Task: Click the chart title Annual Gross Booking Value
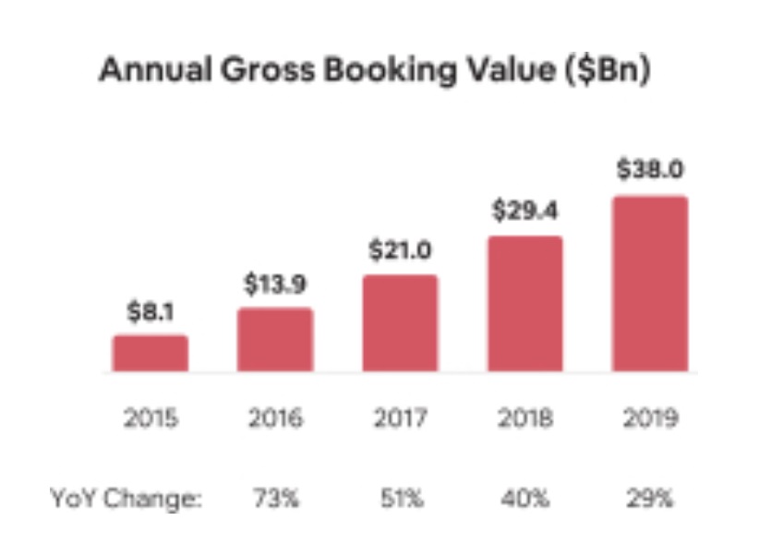[x=375, y=71]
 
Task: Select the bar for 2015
[x=151, y=354]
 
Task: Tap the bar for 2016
[x=275, y=340]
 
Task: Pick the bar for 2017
[x=400, y=323]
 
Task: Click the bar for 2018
[x=524, y=304]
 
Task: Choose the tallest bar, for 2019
[x=650, y=284]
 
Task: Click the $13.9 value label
[x=275, y=285]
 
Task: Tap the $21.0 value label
[x=400, y=251]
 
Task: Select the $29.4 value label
[x=524, y=212]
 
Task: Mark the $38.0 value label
[x=650, y=172]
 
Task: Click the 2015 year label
[x=151, y=418]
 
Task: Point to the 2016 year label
[x=275, y=418]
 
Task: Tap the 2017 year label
[x=400, y=418]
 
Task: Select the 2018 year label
[x=524, y=418]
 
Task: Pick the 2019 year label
[x=650, y=418]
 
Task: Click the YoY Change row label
[x=126, y=499]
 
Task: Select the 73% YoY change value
[x=275, y=499]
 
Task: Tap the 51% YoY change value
[x=400, y=499]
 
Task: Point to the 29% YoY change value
[x=650, y=499]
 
